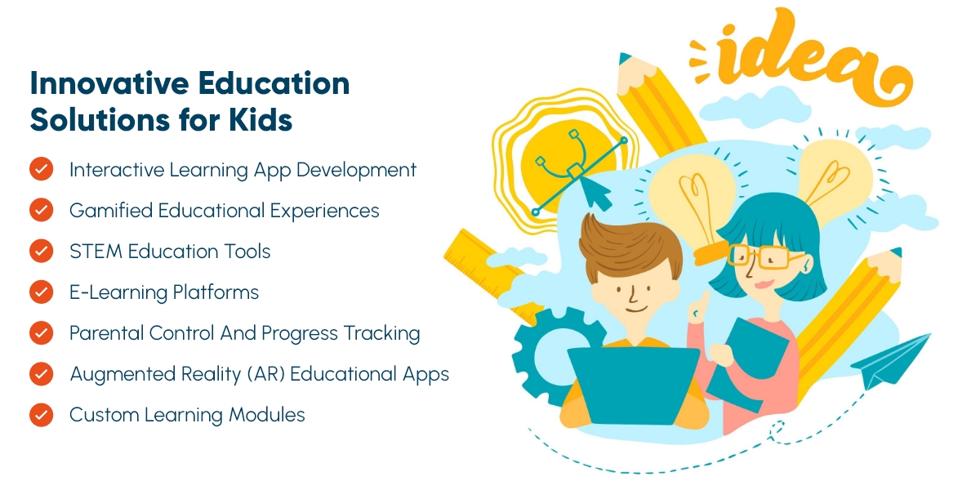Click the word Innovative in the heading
point(109,83)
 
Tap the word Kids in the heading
point(261,119)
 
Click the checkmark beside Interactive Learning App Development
point(42,169)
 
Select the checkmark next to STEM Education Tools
point(42,251)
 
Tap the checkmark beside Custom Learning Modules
point(42,414)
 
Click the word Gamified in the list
point(111,211)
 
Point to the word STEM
point(96,252)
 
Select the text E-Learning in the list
point(118,292)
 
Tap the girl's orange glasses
point(761,256)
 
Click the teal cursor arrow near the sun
point(595,194)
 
